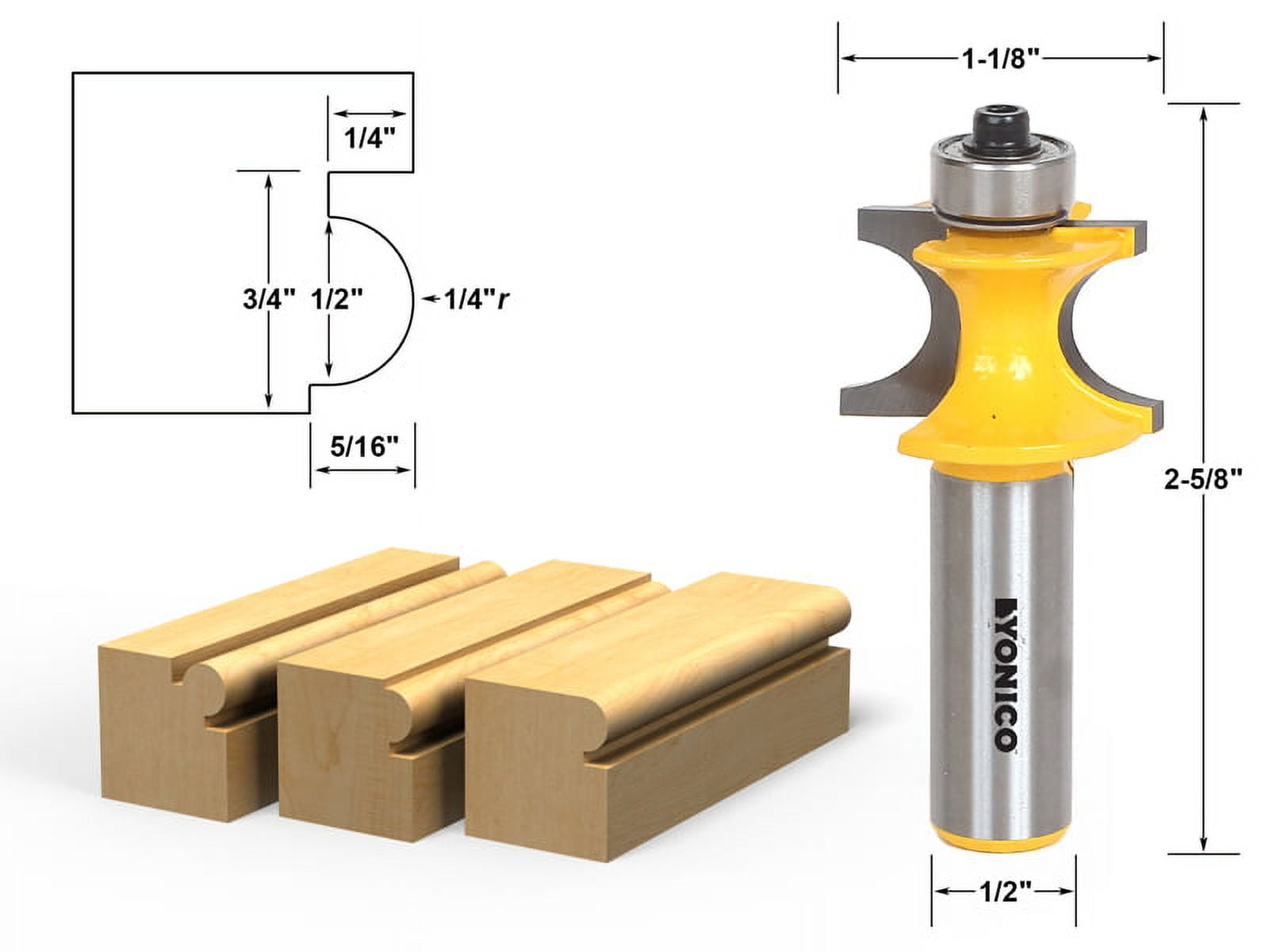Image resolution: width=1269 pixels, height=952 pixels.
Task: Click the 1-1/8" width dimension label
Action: point(1000,58)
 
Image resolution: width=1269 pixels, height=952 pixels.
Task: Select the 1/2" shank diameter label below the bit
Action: point(1003,891)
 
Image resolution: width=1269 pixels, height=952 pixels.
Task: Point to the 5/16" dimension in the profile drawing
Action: point(362,447)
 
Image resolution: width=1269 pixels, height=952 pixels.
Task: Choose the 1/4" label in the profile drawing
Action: point(369,139)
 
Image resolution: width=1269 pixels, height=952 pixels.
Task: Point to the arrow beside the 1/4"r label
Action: point(431,299)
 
